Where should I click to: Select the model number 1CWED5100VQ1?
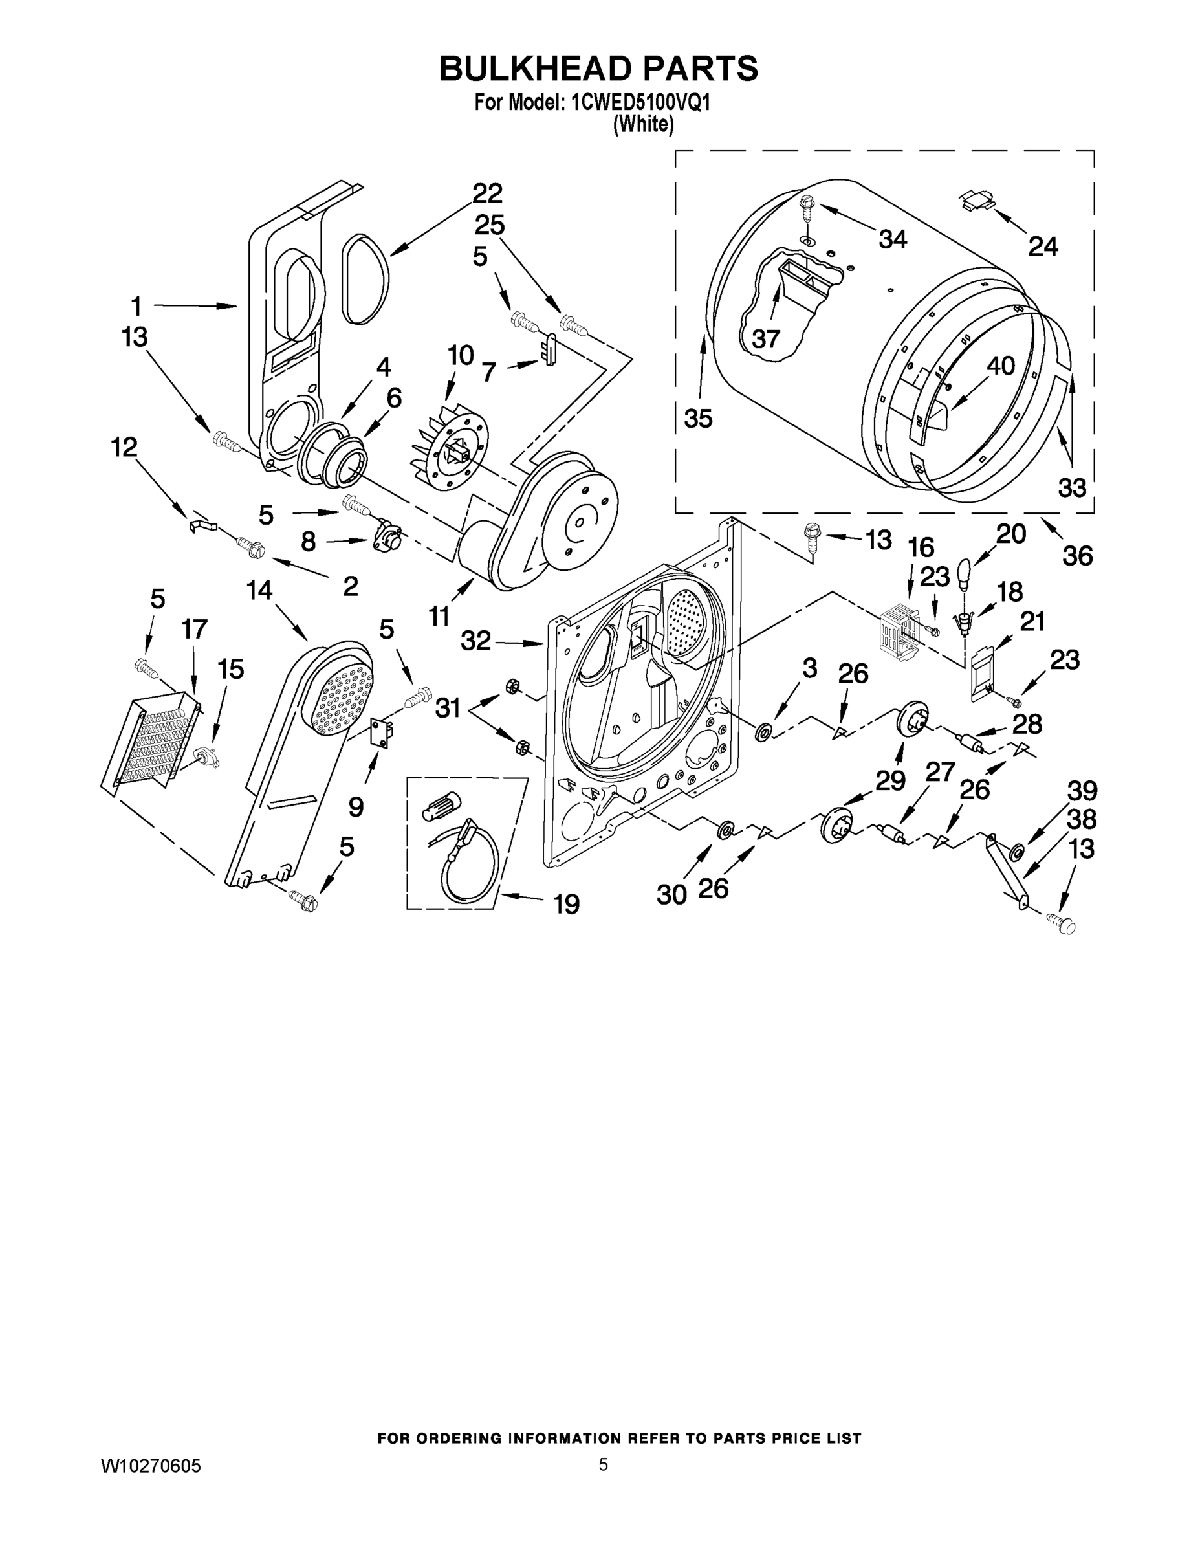(x=640, y=103)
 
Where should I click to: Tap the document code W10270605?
(x=151, y=1466)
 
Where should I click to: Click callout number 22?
(x=487, y=193)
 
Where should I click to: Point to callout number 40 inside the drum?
(x=1000, y=367)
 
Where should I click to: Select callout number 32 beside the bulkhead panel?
(x=475, y=641)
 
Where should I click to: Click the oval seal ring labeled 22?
(x=365, y=280)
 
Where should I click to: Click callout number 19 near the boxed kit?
(x=566, y=905)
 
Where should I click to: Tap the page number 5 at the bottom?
(x=603, y=1464)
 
